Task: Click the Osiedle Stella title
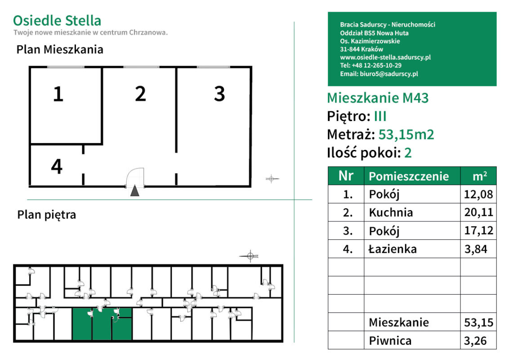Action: pyautogui.click(x=57, y=21)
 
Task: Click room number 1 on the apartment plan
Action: pyautogui.click(x=58, y=94)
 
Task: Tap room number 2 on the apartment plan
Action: pyautogui.click(x=140, y=94)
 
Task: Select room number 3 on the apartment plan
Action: pyautogui.click(x=219, y=94)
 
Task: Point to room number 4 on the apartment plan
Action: pyautogui.click(x=57, y=167)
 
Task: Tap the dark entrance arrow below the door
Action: pyautogui.click(x=134, y=191)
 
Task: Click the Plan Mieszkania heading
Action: pyautogui.click(x=60, y=49)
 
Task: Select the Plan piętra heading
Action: pyautogui.click(x=47, y=215)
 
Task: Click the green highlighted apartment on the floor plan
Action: pyautogui.click(x=102, y=324)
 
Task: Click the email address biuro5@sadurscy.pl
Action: pyautogui.click(x=389, y=74)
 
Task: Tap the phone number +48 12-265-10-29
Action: pyautogui.click(x=377, y=66)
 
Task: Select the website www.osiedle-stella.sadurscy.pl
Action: pyautogui.click(x=385, y=58)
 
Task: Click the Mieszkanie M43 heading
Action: pyautogui.click(x=378, y=98)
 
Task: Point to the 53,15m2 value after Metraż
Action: pyautogui.click(x=406, y=135)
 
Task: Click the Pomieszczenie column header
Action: pyautogui.click(x=409, y=176)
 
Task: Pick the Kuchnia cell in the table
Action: pyautogui.click(x=391, y=212)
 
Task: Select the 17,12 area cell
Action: pyautogui.click(x=478, y=231)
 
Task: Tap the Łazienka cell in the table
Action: pyautogui.click(x=393, y=249)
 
